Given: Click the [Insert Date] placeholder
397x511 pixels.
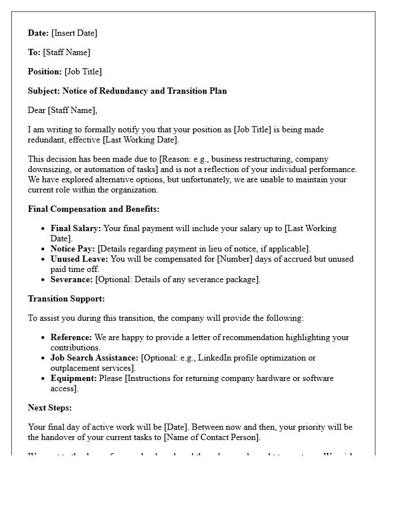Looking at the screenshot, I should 74,33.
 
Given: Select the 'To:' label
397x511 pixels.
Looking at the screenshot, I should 34,52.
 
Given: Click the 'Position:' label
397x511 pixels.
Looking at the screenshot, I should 45,72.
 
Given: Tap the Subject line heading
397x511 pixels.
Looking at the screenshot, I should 127,91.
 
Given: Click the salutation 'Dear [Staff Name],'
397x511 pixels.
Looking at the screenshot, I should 62,110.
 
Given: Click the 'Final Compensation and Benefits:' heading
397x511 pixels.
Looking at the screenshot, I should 94,209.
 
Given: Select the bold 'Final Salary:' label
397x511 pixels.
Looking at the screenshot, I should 75,228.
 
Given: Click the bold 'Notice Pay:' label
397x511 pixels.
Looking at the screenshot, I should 73,249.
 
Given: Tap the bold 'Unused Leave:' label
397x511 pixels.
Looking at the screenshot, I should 79,259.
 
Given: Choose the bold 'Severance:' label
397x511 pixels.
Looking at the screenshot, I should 71,279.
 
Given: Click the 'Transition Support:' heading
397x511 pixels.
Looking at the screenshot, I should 66,299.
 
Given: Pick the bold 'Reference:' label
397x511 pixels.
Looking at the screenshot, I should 71,337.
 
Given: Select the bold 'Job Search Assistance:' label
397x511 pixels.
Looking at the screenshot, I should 94,358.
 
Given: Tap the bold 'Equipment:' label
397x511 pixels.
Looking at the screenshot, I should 73,378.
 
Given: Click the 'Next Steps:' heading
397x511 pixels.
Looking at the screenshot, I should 50,408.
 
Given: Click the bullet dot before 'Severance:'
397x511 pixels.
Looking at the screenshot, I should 43,279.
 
